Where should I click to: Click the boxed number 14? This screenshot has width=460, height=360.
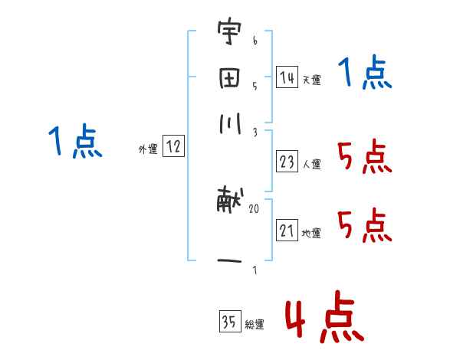coord(287,77)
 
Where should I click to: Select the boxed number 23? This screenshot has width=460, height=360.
coord(287,162)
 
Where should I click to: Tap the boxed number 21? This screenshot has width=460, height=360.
coord(287,231)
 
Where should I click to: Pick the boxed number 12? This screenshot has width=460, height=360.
coord(174,148)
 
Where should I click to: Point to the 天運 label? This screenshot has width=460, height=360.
coord(311,80)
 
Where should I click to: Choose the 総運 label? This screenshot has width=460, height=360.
coord(255,325)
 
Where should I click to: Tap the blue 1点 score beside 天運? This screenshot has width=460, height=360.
coord(365,74)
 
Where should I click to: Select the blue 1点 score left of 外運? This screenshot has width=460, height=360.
coord(75,143)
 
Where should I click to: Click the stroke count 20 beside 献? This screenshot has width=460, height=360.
coord(255,208)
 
